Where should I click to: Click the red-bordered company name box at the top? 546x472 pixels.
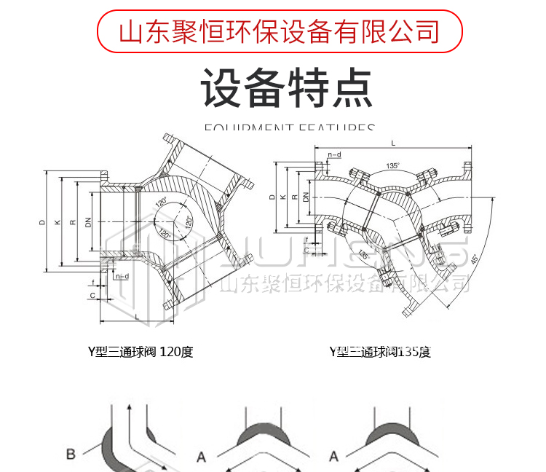coord(280,31)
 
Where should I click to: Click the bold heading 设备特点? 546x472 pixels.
coord(287,88)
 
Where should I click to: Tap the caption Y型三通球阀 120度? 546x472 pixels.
coord(141,353)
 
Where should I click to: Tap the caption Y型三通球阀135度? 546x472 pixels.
coord(380,353)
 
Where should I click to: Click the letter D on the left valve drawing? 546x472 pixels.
coord(42,222)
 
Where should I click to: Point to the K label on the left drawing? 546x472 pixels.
coord(57,222)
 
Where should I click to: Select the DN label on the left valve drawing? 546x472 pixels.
coord(88,222)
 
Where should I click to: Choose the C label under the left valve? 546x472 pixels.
coord(92,296)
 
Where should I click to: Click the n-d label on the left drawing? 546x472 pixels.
coord(122,277)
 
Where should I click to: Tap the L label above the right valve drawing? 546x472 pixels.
coord(393,143)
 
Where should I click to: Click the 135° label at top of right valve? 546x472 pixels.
coord(393,166)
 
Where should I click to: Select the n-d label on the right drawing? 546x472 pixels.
coord(334,155)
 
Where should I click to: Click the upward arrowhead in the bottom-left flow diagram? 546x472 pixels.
coord(129,409)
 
